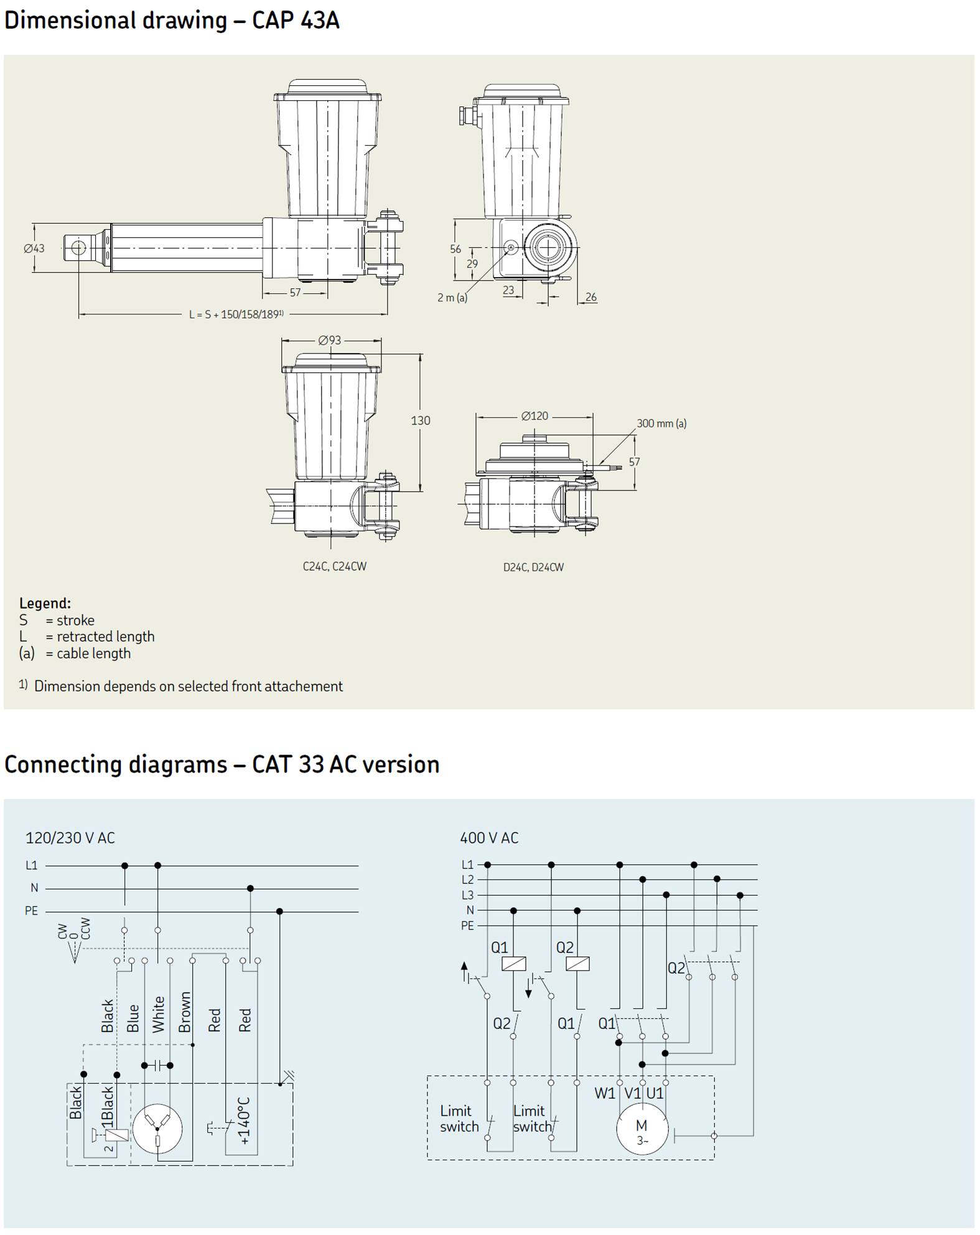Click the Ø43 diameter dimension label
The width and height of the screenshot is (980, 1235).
click(x=34, y=248)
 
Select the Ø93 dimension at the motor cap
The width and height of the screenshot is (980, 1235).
click(x=330, y=340)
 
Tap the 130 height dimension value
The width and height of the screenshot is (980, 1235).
click(x=421, y=421)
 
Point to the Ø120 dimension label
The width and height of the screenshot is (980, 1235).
click(x=534, y=416)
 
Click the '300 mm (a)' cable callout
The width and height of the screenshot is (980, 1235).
click(x=661, y=423)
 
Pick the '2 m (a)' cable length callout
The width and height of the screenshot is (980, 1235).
click(x=452, y=298)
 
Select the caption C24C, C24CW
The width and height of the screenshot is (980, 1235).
click(x=335, y=566)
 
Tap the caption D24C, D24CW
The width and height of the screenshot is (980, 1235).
click(x=534, y=567)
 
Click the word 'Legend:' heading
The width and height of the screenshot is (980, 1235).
click(x=45, y=603)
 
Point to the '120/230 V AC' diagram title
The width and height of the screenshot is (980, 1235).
click(x=70, y=838)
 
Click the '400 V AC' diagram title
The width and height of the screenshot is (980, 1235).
click(x=489, y=838)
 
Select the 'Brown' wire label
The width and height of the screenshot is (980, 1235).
click(x=185, y=1013)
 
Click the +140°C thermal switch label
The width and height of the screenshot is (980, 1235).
click(x=244, y=1120)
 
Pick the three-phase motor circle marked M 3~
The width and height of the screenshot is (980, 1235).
click(x=642, y=1128)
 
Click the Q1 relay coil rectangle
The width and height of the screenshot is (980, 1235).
click(x=513, y=964)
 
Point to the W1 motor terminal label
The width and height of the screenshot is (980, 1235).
click(x=605, y=1093)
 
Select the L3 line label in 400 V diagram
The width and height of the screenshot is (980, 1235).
click(x=467, y=895)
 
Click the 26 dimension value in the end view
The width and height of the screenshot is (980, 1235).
click(x=591, y=297)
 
